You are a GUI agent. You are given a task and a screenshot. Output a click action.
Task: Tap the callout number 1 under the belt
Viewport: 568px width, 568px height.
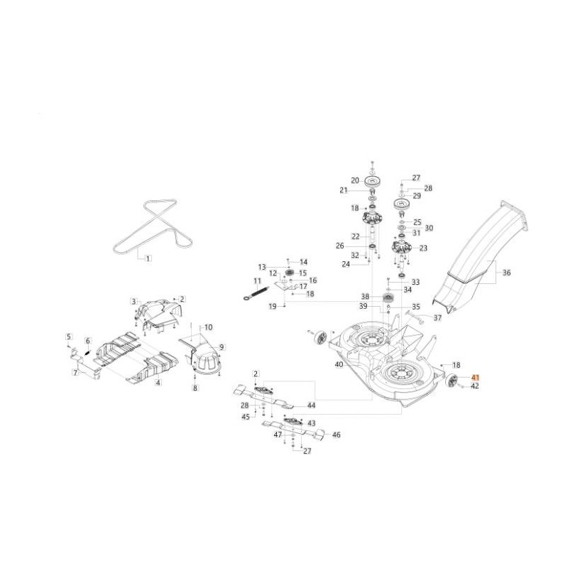pos(148,259)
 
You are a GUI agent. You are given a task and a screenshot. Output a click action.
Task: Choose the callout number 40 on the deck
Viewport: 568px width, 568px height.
pos(339,364)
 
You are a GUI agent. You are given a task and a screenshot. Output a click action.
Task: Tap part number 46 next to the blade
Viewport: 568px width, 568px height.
pos(336,435)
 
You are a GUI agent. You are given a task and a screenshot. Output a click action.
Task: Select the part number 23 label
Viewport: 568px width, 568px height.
pos(423,248)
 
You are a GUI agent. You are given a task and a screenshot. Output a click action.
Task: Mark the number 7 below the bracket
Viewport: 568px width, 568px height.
pos(75,371)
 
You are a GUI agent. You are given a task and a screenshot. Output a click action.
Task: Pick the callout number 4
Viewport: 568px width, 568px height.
pos(158,383)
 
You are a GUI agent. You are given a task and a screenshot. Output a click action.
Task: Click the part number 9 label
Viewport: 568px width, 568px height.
pos(222,347)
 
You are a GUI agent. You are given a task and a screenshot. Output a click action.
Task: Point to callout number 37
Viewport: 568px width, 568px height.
pos(437,317)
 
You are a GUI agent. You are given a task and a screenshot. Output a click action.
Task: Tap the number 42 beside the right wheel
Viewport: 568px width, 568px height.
pos(475,387)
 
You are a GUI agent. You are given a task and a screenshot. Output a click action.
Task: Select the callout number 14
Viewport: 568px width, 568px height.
pos(303,262)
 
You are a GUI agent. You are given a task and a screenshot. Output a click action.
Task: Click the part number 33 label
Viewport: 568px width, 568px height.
pos(415,282)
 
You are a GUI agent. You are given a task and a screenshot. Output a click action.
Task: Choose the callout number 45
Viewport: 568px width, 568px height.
pos(246,417)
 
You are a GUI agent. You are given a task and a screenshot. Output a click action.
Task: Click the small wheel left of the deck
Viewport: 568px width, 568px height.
pos(321,339)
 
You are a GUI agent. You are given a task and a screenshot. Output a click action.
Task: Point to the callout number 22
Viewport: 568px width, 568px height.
pos(356,236)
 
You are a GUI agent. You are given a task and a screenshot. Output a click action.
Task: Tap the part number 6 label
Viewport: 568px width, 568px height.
pos(88,342)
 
